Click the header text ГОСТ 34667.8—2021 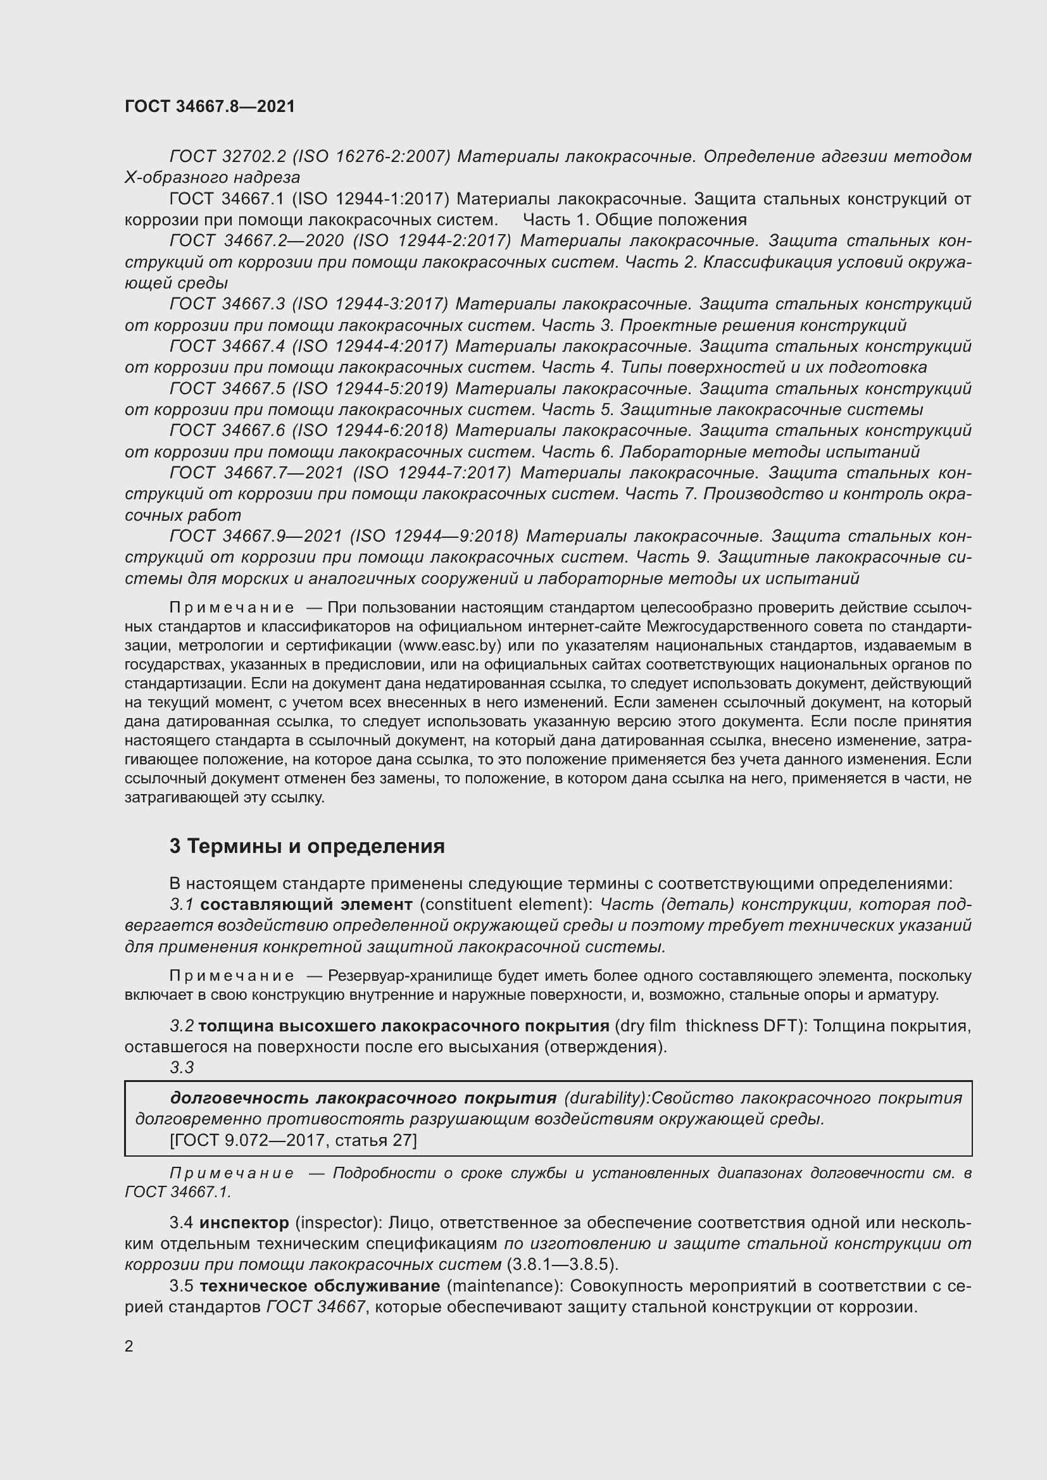[210, 107]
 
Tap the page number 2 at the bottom [129, 1346]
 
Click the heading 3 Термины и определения [307, 846]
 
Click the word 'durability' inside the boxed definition [605, 1098]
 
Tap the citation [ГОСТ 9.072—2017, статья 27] [293, 1140]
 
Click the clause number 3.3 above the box [182, 1067]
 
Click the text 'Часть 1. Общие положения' [634, 220]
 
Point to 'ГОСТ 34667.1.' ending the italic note [177, 1192]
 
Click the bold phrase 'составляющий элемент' [306, 904]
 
